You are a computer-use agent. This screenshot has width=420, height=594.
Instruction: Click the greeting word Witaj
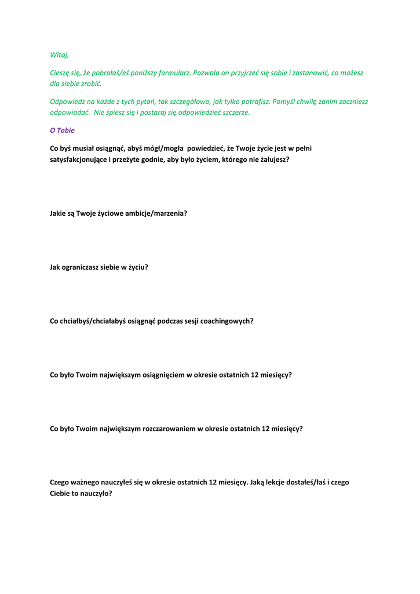(59, 55)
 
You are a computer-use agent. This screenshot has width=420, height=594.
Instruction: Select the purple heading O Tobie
(62, 131)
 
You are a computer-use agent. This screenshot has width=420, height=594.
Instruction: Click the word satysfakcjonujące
(78, 160)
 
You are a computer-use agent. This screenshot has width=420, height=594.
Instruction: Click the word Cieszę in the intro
(61, 73)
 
